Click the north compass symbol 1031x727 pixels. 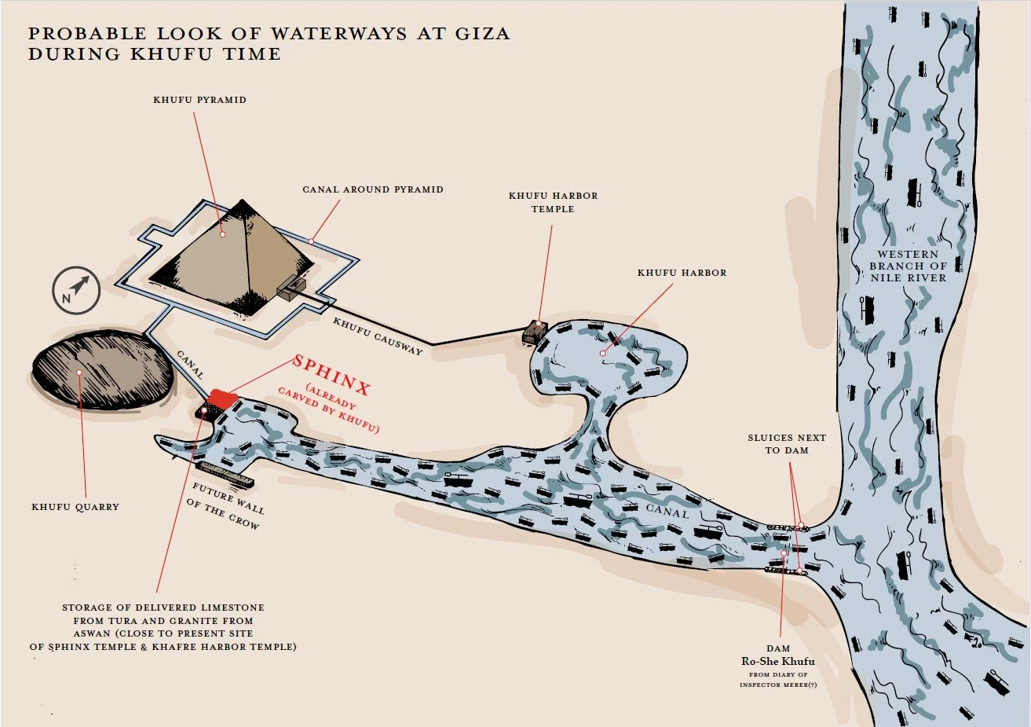[x=77, y=291]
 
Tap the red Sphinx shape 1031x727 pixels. [x=222, y=399]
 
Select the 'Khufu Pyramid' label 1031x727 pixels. [x=199, y=100]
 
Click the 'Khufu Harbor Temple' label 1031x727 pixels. [x=553, y=202]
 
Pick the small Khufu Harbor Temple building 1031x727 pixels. [x=536, y=332]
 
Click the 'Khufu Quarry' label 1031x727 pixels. [x=75, y=507]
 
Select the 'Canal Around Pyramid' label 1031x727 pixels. [x=372, y=189]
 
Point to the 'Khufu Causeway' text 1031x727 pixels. [x=378, y=336]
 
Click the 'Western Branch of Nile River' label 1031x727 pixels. [x=908, y=266]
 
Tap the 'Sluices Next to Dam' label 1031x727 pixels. [x=787, y=444]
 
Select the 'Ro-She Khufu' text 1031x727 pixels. [x=777, y=661]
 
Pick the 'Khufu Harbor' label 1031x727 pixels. [x=682, y=273]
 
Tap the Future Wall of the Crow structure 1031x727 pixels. [x=223, y=472]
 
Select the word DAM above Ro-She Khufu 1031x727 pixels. [x=778, y=648]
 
